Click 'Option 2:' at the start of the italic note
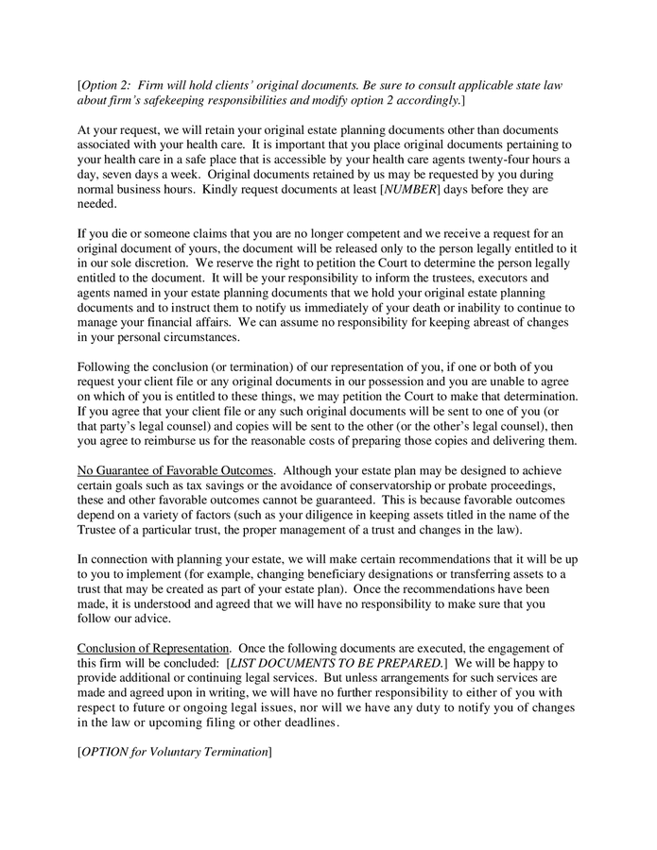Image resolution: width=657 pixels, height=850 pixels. point(110,85)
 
